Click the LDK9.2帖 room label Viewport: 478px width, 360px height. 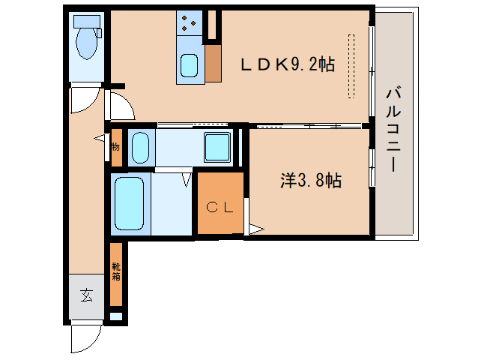286,66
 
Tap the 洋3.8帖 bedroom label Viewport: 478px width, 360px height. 311,180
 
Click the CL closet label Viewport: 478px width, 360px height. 220,208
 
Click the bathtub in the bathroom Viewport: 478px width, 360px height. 129,204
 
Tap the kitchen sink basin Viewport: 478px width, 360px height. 189,67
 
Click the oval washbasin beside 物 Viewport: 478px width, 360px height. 140,148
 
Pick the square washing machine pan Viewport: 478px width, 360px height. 218,146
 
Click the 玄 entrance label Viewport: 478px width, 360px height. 87,295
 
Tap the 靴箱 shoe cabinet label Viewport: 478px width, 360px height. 116,272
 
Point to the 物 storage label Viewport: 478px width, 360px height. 115,147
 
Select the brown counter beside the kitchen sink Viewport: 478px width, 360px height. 214,64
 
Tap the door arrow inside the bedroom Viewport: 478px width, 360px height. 255,228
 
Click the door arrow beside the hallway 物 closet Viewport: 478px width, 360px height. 100,138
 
